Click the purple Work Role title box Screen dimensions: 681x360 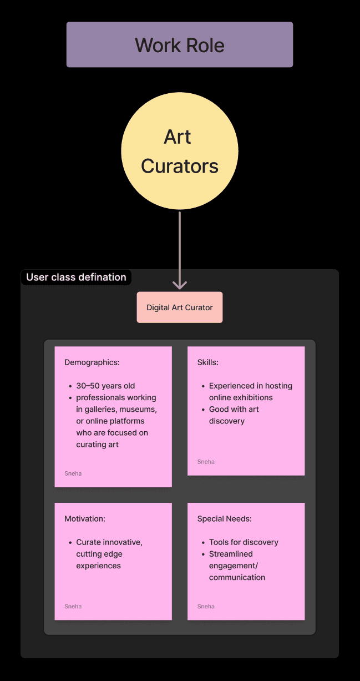point(180,44)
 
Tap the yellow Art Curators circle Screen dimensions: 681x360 point(180,151)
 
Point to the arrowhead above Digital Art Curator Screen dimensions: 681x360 point(180,285)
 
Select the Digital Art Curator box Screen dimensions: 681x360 point(180,307)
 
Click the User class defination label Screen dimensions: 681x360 point(76,277)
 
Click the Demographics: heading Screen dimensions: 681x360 point(92,362)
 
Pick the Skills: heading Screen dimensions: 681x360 point(207,362)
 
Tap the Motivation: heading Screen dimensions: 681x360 point(85,519)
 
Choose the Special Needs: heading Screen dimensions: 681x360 point(224,519)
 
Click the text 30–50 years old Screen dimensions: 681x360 point(105,386)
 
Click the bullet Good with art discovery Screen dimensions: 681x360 point(234,415)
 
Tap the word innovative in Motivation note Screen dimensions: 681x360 point(123,542)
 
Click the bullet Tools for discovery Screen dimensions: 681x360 point(244,542)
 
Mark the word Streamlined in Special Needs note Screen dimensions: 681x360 point(231,554)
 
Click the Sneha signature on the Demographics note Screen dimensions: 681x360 point(73,473)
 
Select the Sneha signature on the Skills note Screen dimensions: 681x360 point(206,462)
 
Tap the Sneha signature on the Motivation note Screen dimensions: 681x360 point(73,607)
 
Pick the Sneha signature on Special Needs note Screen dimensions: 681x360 point(206,607)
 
